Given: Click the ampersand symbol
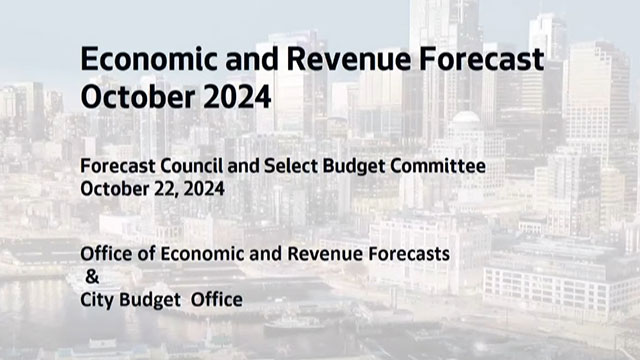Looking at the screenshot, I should [92, 276].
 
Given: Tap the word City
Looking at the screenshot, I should [99, 298].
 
